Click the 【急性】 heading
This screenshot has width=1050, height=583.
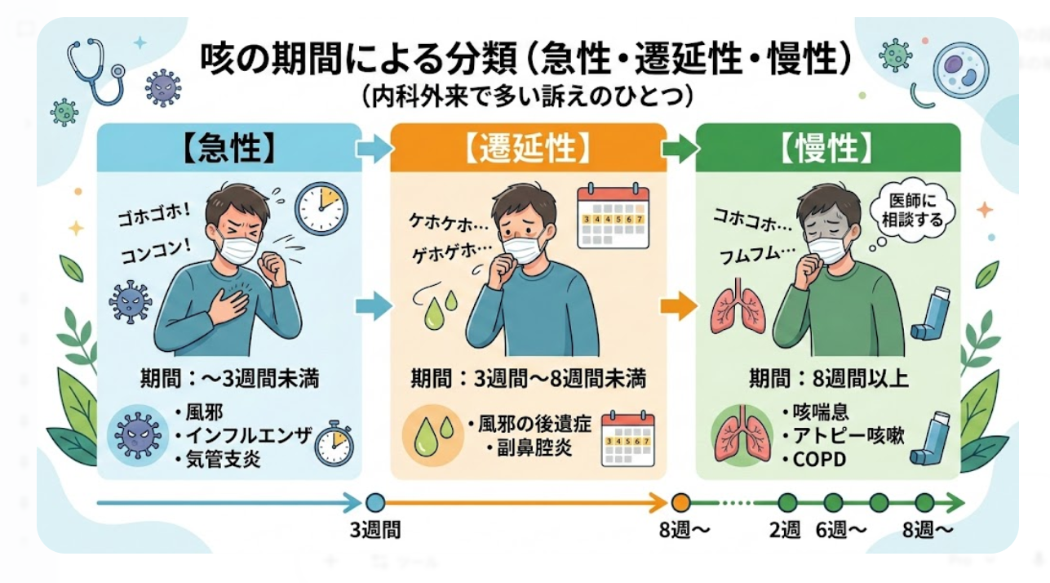pos(229,149)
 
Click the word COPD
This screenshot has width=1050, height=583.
pos(818,460)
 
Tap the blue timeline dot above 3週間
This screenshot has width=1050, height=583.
pos(375,502)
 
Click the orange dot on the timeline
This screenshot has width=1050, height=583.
pos(681,502)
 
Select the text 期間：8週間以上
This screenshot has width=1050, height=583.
pos(828,379)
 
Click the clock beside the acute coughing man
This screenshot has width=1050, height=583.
pos(321,208)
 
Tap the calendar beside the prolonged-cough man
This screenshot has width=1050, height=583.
pos(612,216)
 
